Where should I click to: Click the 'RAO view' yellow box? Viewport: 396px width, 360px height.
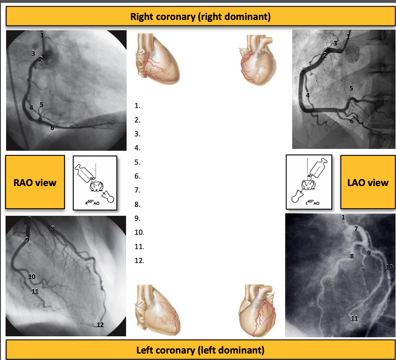35,182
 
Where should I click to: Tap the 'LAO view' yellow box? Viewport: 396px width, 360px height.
368,182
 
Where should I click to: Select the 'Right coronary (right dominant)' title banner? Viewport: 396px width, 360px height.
200,17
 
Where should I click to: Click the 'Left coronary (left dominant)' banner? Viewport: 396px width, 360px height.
200,349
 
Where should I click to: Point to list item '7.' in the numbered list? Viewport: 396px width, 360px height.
137,190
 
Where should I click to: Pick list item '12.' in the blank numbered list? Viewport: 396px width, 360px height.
139,261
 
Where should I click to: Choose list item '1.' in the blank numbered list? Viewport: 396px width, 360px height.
137,106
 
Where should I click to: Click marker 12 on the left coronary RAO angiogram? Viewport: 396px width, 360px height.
100,325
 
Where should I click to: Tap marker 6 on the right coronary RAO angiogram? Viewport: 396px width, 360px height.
52,127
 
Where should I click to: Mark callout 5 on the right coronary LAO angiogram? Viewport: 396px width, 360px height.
351,88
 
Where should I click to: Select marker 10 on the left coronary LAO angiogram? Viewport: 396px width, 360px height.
389,267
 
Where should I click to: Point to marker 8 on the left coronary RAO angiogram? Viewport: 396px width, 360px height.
53,228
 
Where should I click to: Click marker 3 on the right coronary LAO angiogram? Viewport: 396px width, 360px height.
335,43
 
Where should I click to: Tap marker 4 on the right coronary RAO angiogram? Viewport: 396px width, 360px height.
32,108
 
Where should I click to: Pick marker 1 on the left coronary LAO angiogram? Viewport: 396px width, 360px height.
343,217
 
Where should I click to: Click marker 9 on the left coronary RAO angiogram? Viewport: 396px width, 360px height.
27,239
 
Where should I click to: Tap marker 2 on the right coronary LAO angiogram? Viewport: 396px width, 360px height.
325,55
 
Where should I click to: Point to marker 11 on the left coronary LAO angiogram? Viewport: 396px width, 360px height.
354,318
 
